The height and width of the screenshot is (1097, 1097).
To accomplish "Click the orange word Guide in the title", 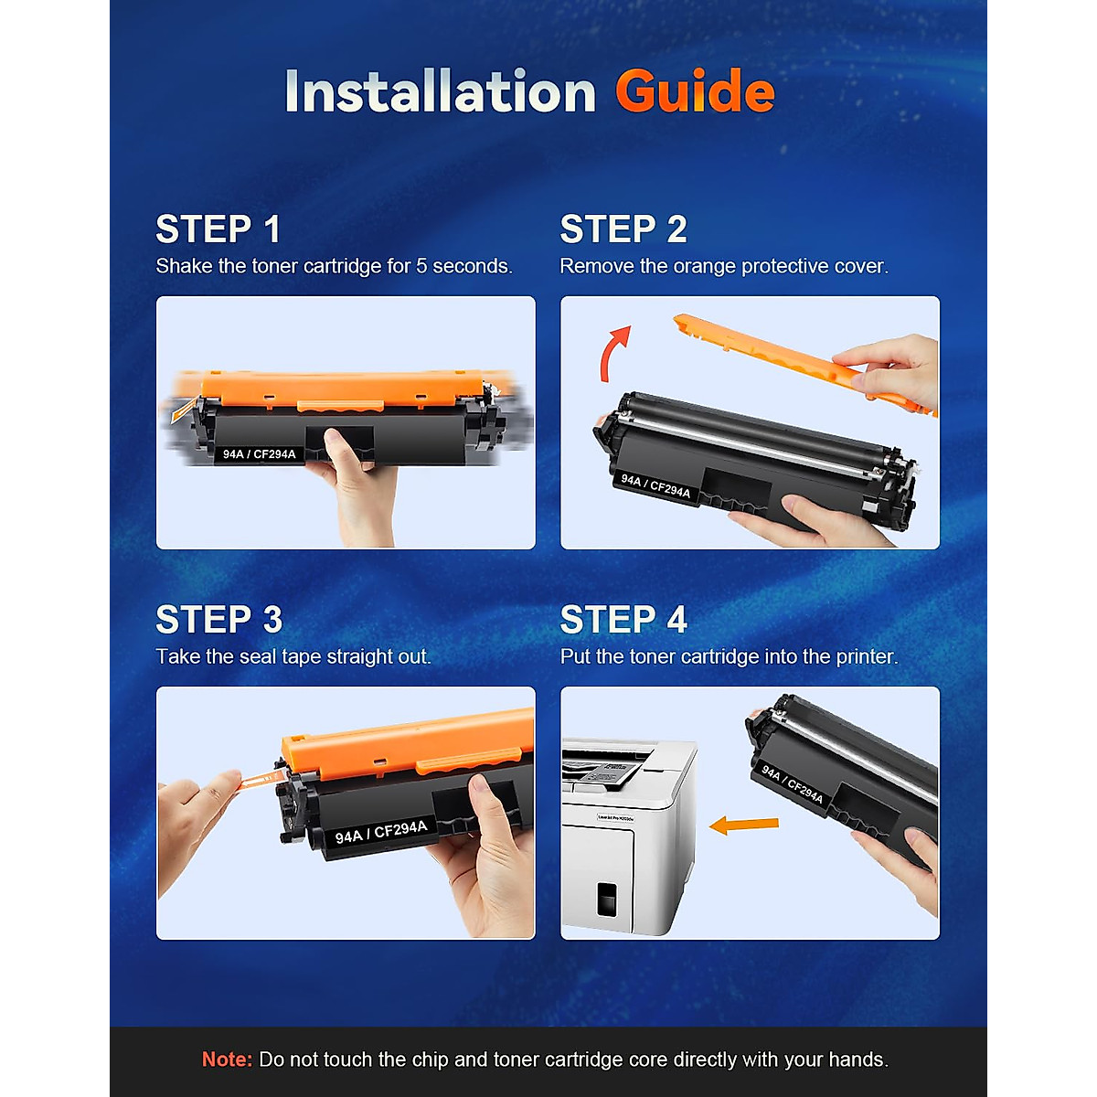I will coord(695,91).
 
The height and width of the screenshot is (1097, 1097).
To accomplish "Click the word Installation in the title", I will coord(440,91).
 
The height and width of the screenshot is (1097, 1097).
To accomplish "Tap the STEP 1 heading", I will coord(218,229).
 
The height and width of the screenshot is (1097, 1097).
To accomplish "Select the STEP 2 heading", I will coord(623,229).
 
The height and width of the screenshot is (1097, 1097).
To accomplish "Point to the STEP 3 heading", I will coord(218,620).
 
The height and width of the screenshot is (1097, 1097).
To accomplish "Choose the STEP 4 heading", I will coord(623,620).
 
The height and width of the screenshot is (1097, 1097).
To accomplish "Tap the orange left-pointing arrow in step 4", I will coord(743,825).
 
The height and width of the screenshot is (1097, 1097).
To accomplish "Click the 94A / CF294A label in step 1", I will coord(259,453).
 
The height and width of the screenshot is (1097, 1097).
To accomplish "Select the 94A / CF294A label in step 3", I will coord(380,832).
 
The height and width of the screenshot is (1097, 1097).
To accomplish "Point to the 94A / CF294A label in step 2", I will coord(655,485).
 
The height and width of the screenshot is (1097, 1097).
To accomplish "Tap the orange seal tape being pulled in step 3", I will coord(261,778).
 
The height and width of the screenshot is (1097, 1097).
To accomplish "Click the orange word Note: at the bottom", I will coord(227,1060).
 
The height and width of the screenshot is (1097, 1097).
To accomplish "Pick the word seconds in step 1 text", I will coord(472,266).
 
